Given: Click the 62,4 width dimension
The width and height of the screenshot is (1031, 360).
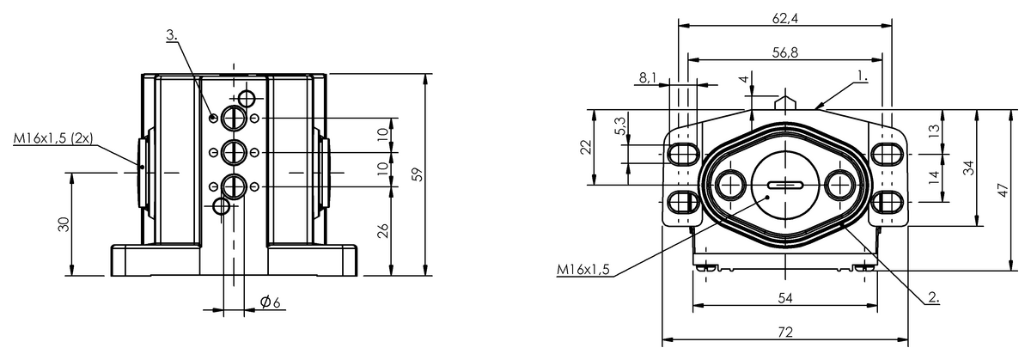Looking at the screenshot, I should [x=785, y=17].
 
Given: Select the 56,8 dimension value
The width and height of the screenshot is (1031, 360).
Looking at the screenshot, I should [x=784, y=52].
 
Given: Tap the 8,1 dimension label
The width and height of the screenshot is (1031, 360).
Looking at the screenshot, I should [x=648, y=78].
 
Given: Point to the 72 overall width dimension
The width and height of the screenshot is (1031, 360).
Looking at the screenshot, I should [x=784, y=331].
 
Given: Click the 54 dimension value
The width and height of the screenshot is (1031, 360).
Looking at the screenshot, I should [x=784, y=297].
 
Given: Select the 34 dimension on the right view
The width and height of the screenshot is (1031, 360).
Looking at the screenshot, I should [x=968, y=168].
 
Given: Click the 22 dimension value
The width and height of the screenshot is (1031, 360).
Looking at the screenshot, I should [x=586, y=147].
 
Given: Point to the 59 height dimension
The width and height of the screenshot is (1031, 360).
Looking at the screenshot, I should [x=418, y=174].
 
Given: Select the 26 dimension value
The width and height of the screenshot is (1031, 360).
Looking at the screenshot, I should [x=384, y=229].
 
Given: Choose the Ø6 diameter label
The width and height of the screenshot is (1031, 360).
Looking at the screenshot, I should [x=270, y=302].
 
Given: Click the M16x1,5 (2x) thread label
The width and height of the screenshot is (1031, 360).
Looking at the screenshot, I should [x=53, y=137].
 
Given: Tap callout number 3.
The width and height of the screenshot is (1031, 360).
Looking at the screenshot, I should [x=173, y=34].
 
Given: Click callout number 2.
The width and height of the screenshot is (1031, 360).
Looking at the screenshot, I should [x=933, y=299].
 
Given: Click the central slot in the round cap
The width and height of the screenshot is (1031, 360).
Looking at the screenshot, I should [x=784, y=184].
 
